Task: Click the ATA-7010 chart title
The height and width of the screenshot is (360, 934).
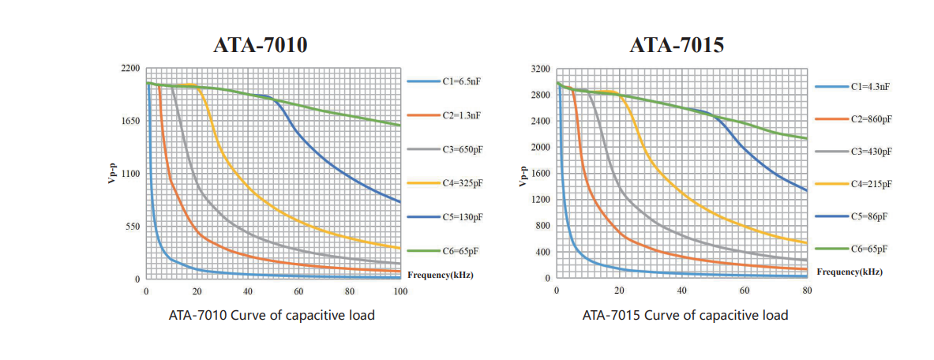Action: (261, 46)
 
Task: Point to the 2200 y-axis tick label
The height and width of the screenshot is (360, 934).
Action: (130, 69)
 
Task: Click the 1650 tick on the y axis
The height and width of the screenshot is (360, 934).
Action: (130, 121)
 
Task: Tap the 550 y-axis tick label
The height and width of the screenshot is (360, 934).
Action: (133, 227)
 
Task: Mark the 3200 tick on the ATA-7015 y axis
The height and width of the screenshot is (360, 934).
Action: (541, 69)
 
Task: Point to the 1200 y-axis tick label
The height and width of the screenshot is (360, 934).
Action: (541, 200)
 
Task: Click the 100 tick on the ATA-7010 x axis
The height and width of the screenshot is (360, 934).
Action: (400, 292)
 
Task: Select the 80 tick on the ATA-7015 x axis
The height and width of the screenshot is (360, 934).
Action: (807, 291)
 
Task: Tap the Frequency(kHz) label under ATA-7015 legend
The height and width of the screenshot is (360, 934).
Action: (850, 272)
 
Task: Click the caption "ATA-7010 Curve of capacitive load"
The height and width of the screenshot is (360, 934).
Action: (272, 316)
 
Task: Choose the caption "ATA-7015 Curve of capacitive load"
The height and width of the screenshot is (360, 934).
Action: (685, 316)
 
